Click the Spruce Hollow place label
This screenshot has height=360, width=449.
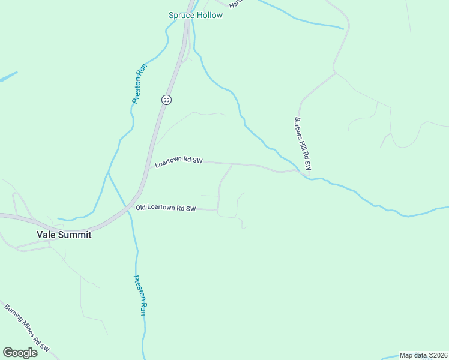(x=195, y=15)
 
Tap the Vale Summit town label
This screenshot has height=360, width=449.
(x=64, y=235)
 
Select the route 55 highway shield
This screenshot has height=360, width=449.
(x=166, y=100)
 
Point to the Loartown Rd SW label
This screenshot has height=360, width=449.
(x=179, y=163)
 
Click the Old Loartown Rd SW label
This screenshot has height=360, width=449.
(x=166, y=208)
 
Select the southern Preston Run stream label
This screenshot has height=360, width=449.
(x=139, y=295)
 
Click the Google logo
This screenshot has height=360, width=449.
(x=20, y=353)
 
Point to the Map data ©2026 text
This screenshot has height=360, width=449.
(x=423, y=355)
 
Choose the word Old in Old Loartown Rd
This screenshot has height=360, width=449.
(x=142, y=208)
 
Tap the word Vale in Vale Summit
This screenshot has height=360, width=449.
(x=46, y=235)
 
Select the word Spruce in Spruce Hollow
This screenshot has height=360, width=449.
(x=181, y=15)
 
